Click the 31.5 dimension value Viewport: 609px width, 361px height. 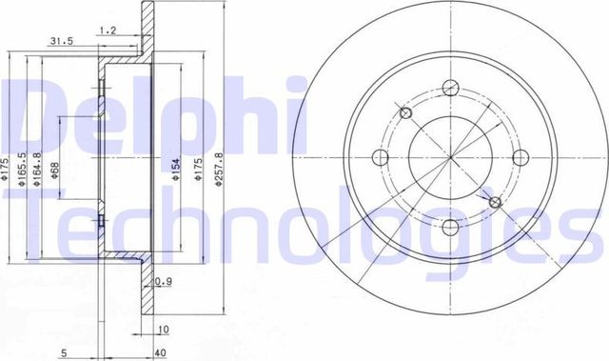pyautogui.click(x=62, y=41)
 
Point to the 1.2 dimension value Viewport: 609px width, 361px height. pyautogui.click(x=108, y=30)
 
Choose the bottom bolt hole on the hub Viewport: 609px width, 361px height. pyautogui.click(x=450, y=226)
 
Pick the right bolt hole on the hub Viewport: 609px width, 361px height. pyautogui.click(x=520, y=158)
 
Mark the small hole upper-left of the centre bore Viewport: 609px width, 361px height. pyautogui.click(x=407, y=114)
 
